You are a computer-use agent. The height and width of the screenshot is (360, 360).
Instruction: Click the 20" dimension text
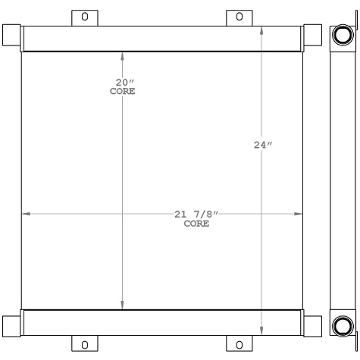[x=122, y=82]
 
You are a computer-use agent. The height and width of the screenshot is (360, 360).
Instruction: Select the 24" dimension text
[x=262, y=146]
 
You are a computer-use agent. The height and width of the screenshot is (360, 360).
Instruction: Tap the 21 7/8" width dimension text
[x=196, y=214]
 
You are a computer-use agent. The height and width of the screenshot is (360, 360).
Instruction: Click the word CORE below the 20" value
[x=122, y=91]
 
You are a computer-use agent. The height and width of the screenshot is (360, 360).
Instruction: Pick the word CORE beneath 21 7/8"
[x=196, y=224]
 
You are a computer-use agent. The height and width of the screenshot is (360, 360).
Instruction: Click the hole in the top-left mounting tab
[x=84, y=16]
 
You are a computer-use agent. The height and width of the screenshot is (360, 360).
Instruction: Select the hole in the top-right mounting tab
[x=239, y=16]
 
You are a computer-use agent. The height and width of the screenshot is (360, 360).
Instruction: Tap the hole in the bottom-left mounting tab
[x=84, y=345]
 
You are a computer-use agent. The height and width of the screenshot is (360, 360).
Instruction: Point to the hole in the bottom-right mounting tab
[x=239, y=345]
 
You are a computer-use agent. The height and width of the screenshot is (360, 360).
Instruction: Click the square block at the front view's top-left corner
[x=11, y=35]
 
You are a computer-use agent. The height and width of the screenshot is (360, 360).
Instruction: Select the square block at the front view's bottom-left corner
[x=11, y=325]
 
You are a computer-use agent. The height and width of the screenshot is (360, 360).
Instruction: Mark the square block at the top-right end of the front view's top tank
[x=312, y=35]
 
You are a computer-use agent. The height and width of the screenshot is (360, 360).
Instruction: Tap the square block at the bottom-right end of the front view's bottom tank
[x=312, y=325]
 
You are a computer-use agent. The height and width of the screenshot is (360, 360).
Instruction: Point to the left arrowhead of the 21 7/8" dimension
[x=25, y=214]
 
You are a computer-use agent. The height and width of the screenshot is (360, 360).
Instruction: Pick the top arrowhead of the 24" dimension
[x=262, y=31]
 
